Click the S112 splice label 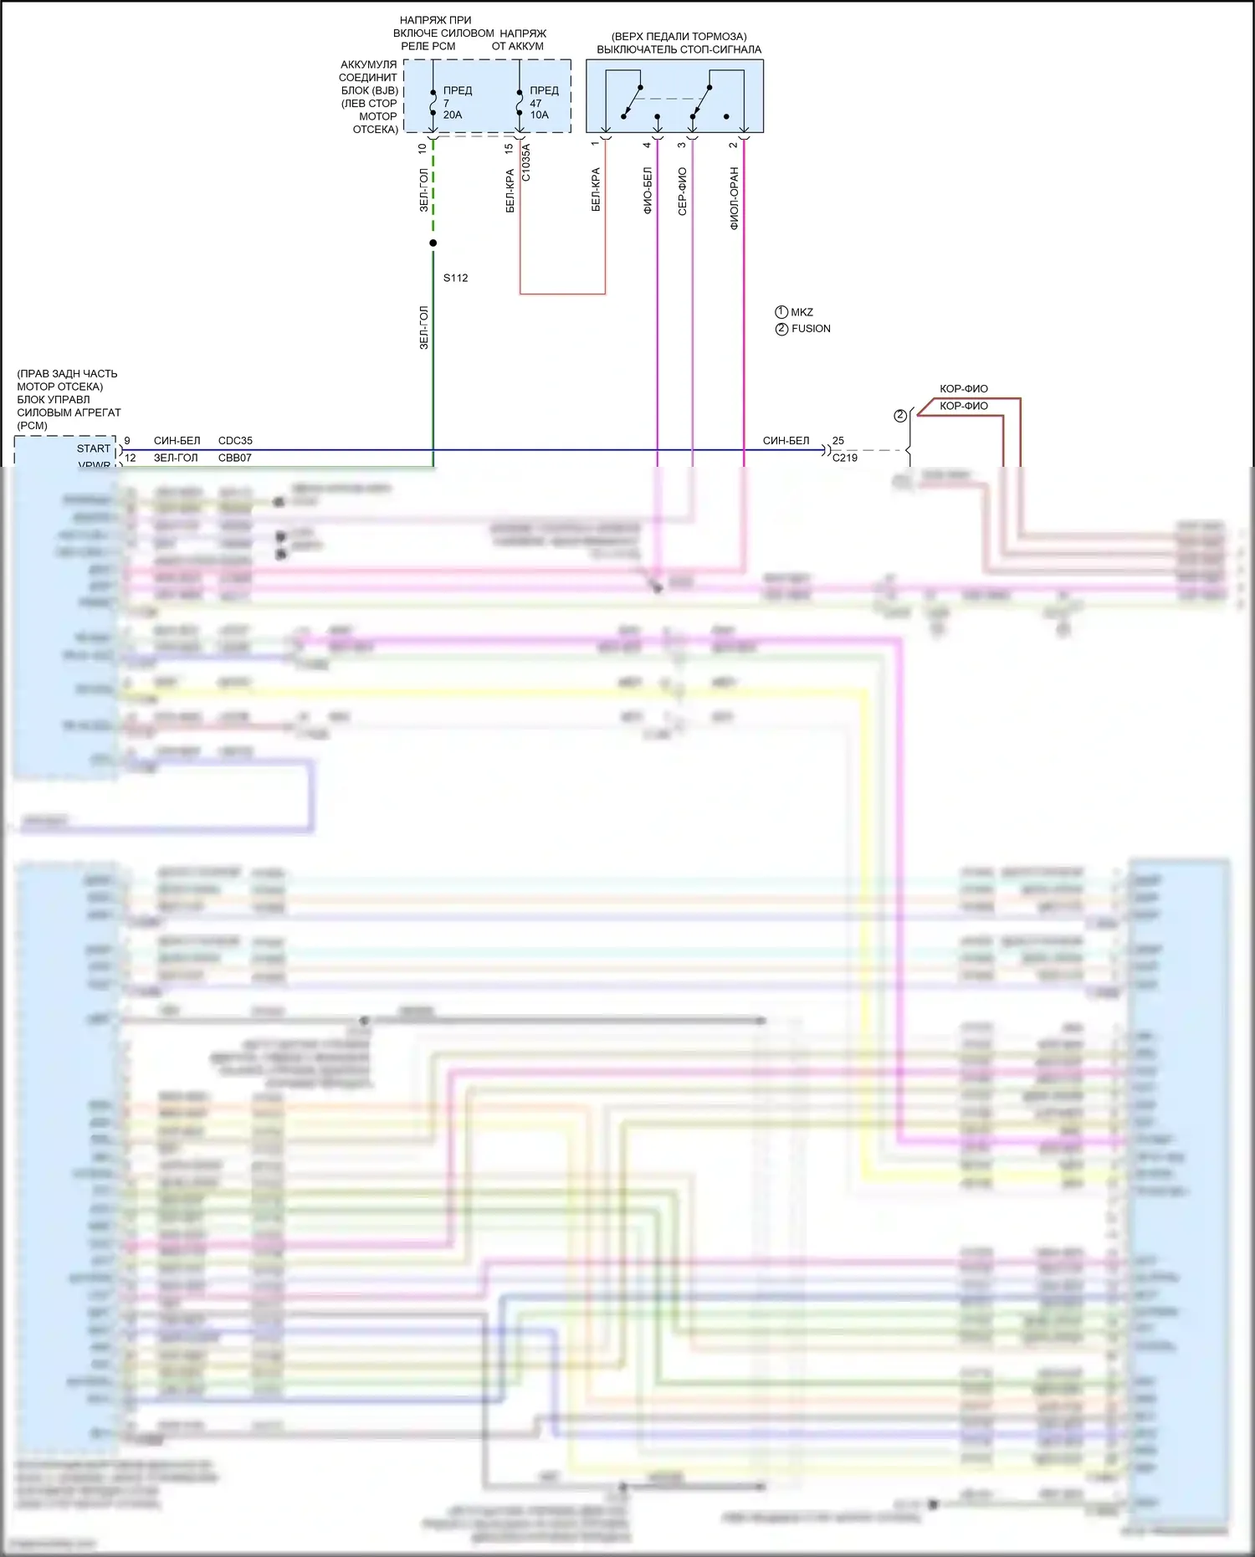(x=455, y=278)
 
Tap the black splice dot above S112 (x=433, y=243)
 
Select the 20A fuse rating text (x=453, y=115)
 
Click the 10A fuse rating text (x=539, y=115)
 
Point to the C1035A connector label (x=526, y=162)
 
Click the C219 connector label (x=844, y=458)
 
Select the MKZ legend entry (x=802, y=312)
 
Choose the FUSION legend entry (x=811, y=329)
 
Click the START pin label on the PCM (x=94, y=448)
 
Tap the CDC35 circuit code (x=235, y=440)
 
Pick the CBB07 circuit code (x=235, y=458)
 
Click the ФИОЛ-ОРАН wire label (x=734, y=198)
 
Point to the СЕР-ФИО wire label (x=682, y=192)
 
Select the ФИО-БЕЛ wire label (x=648, y=191)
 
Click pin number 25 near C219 (x=838, y=440)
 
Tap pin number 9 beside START (x=127, y=440)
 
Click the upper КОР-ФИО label (x=963, y=388)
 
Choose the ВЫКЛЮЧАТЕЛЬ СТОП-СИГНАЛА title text (x=679, y=49)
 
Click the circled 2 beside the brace (x=900, y=416)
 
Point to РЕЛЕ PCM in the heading (x=428, y=46)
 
